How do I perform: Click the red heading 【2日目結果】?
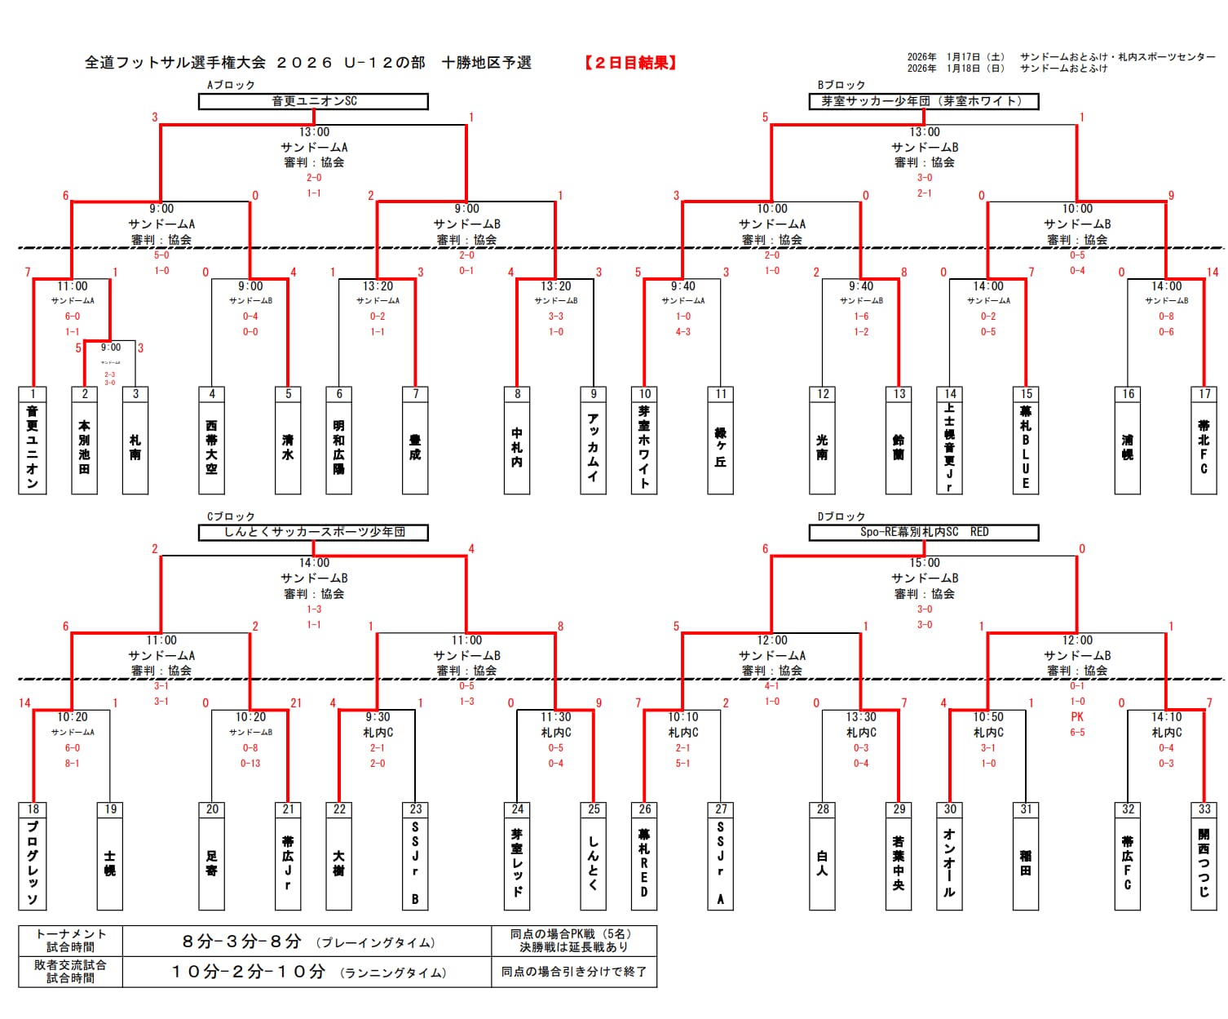(629, 63)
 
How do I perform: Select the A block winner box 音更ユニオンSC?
(313, 101)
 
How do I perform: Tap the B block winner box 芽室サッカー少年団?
(923, 101)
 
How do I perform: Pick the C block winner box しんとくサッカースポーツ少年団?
(313, 532)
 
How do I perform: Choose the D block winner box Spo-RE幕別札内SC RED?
(923, 532)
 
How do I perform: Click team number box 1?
(33, 394)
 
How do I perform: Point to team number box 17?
(1204, 394)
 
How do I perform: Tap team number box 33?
(1204, 809)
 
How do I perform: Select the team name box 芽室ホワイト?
(644, 448)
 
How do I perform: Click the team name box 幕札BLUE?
(1026, 448)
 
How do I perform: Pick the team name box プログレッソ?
(33, 863)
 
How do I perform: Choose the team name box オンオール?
(949, 863)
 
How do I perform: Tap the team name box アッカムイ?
(593, 448)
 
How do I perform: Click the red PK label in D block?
(1077, 717)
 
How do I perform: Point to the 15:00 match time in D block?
(924, 563)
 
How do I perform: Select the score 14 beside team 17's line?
(1212, 272)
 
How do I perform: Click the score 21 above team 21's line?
(295, 703)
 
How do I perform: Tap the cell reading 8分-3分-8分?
(241, 941)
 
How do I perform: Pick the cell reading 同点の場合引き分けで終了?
(573, 972)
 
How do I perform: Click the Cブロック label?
(231, 516)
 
